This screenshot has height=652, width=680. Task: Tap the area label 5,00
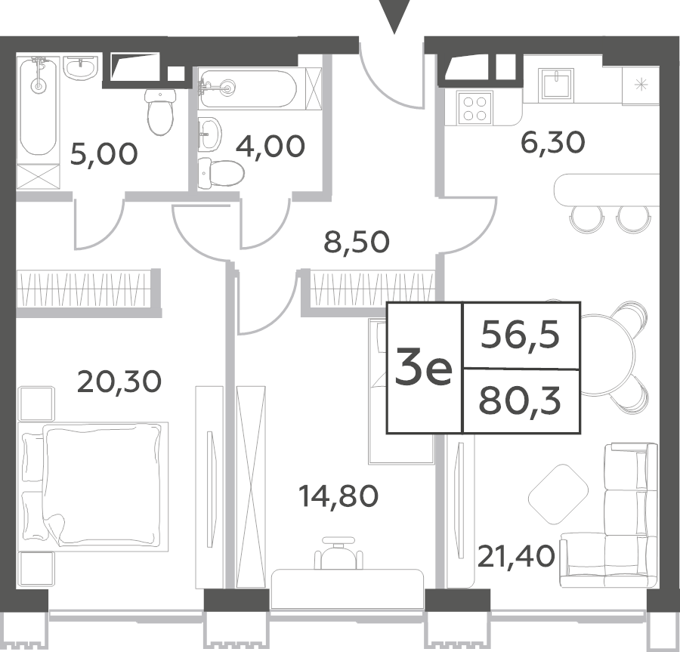(x=104, y=154)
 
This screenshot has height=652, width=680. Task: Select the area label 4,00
(x=270, y=146)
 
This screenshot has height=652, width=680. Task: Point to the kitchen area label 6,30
(x=552, y=143)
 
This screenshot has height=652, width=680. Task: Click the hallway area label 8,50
(x=357, y=242)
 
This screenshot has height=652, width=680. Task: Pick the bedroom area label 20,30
(x=119, y=382)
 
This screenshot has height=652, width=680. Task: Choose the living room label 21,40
(x=516, y=557)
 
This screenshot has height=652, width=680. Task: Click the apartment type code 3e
(x=423, y=369)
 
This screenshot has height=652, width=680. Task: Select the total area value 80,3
(x=520, y=401)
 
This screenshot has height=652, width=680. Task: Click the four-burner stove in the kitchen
(x=475, y=108)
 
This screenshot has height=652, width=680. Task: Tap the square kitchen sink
(x=556, y=85)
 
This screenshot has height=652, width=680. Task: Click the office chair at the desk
(x=338, y=553)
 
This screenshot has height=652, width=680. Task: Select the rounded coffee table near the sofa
(x=558, y=494)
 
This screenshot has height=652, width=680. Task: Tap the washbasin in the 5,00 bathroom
(x=81, y=68)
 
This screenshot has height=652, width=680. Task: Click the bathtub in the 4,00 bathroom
(x=248, y=89)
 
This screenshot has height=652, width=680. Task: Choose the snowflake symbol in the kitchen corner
(x=641, y=85)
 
